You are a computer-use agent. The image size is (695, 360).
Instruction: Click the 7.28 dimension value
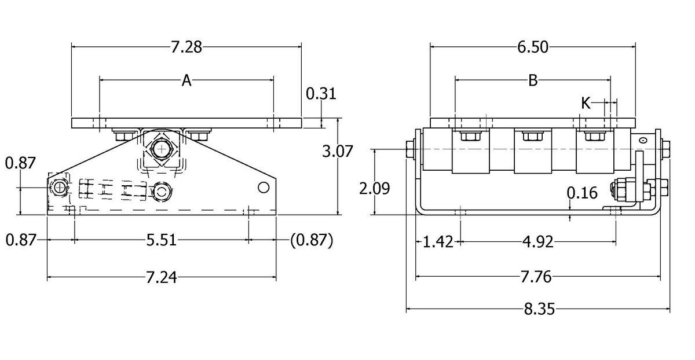click(x=186, y=47)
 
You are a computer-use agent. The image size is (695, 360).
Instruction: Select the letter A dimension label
click(x=186, y=81)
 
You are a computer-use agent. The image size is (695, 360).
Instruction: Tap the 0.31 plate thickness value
click(x=321, y=93)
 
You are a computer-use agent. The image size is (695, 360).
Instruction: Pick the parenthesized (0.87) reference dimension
click(x=311, y=240)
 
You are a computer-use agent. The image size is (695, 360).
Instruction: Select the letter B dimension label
click(x=533, y=81)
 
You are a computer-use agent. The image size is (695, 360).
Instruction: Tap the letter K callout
click(x=586, y=103)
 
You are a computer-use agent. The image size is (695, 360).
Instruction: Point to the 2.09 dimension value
click(x=374, y=189)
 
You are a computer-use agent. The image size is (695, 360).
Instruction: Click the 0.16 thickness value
click(x=581, y=193)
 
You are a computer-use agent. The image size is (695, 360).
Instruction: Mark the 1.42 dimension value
click(x=438, y=241)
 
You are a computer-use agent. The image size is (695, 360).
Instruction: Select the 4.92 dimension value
click(x=537, y=241)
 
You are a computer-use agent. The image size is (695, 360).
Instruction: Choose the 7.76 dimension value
click(x=535, y=278)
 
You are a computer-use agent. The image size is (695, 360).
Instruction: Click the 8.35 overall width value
click(x=539, y=310)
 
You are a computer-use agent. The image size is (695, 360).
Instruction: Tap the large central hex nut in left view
click(x=160, y=150)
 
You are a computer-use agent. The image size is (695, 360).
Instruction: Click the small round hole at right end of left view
click(x=264, y=187)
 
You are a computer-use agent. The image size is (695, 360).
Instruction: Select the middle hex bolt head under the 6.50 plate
click(x=531, y=137)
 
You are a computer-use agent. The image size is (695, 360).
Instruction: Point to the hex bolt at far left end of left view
click(x=58, y=187)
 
